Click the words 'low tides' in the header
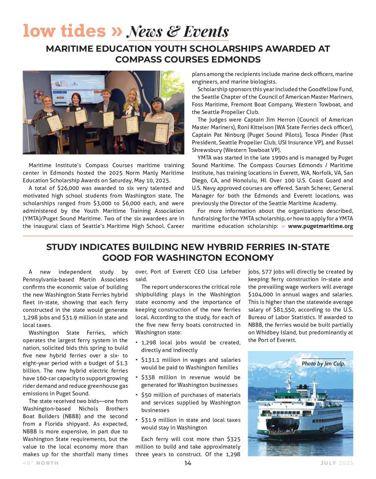(64, 31)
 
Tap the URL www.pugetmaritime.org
(320, 226)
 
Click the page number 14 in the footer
(188, 463)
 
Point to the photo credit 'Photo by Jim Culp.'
(323, 363)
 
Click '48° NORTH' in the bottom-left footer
(40, 463)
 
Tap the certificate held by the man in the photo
(108, 119)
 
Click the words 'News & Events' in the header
(177, 32)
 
